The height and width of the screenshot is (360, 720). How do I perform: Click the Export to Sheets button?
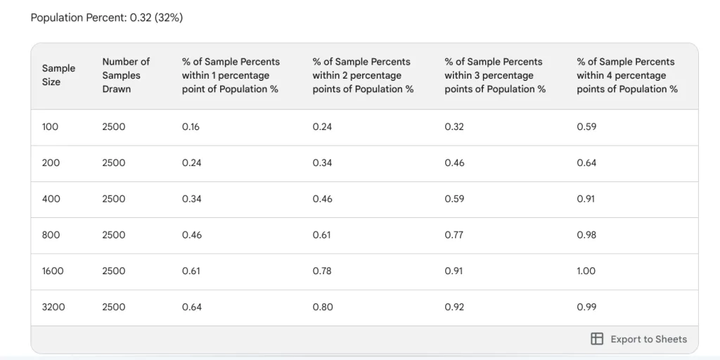pos(638,339)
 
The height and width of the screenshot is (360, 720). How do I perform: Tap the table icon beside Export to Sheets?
pos(596,339)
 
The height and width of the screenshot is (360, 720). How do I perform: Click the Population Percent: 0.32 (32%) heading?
pos(107,18)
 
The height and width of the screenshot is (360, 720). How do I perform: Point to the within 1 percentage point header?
pos(231,75)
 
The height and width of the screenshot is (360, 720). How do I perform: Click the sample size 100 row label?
pos(50,127)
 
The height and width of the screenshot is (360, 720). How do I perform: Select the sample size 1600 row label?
pos(53,271)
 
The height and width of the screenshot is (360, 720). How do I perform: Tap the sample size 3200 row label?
pos(53,307)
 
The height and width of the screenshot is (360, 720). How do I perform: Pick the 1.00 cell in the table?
pos(586,271)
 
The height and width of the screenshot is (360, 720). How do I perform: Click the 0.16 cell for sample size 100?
pos(191,127)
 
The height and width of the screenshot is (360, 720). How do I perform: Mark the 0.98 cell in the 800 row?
pos(586,235)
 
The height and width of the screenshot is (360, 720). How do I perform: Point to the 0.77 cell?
pos(454,235)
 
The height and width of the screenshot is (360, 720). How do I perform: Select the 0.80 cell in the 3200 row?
pos(323,307)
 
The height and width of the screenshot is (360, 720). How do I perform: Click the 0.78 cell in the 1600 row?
pos(322,271)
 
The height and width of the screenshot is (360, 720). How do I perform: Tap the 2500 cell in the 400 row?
pos(113,199)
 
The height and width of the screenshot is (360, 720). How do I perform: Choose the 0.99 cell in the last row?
pos(586,307)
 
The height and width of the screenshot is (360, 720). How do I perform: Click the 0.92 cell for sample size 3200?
pos(454,307)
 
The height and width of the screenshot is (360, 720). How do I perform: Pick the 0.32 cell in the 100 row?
pos(454,127)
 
